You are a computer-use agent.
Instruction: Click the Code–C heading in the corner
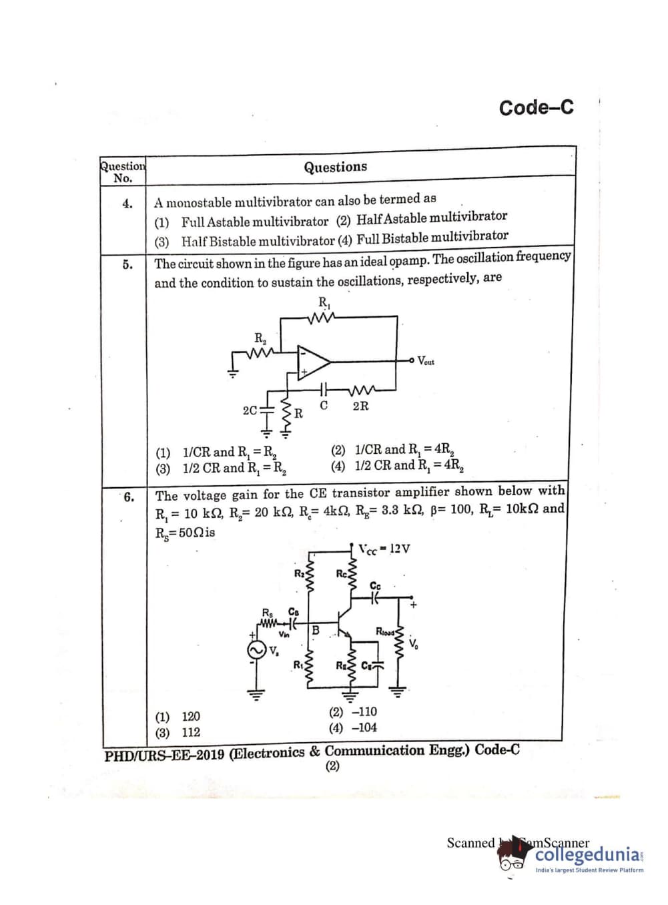pos(536,107)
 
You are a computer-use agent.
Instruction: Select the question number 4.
pos(127,204)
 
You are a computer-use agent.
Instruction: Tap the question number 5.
pos(127,264)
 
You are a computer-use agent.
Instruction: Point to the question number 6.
pos(128,497)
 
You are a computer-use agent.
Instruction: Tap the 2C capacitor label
pos(250,410)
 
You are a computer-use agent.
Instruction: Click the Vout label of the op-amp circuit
pos(425,361)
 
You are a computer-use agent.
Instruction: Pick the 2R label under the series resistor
pos(360,406)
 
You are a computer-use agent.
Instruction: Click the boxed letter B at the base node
pos(316,629)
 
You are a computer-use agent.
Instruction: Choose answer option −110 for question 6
pos(353,712)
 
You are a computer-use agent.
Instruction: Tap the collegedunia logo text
pos(588,855)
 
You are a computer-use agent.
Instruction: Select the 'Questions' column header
pos(335,167)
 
